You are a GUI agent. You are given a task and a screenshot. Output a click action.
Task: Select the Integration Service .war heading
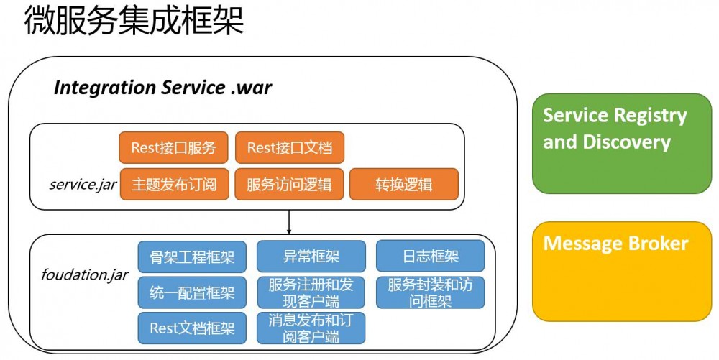coord(162,88)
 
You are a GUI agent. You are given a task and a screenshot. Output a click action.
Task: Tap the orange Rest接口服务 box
coord(173,147)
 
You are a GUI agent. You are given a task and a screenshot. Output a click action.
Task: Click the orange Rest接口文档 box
coord(290,147)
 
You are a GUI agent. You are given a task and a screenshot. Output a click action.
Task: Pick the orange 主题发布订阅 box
coord(173,184)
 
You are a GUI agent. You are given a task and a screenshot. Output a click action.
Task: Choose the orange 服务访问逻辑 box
coord(290,184)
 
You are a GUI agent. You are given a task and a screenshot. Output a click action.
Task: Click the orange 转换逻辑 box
coord(403,184)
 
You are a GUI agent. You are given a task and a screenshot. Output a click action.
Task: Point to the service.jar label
coord(83,184)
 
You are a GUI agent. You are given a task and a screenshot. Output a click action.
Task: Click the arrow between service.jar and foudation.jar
coord(289,222)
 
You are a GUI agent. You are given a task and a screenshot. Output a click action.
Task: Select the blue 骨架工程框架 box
coord(192,256)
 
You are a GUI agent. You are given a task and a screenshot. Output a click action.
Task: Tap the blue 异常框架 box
coord(311,256)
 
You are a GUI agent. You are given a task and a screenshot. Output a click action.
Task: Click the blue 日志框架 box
coord(430,256)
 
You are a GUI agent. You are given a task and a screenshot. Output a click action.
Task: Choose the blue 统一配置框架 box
coord(192,292)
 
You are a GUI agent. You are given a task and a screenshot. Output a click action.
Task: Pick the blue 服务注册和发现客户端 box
coord(311,292)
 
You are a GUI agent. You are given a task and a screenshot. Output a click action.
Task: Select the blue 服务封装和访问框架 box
coord(430,292)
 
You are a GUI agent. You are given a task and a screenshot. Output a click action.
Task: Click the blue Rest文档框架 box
coord(192,328)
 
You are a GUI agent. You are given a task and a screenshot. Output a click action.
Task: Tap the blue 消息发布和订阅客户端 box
coord(311,328)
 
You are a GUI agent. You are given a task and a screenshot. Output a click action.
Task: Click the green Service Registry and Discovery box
coord(621,143)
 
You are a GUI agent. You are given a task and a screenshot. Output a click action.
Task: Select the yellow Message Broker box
coord(621,271)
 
